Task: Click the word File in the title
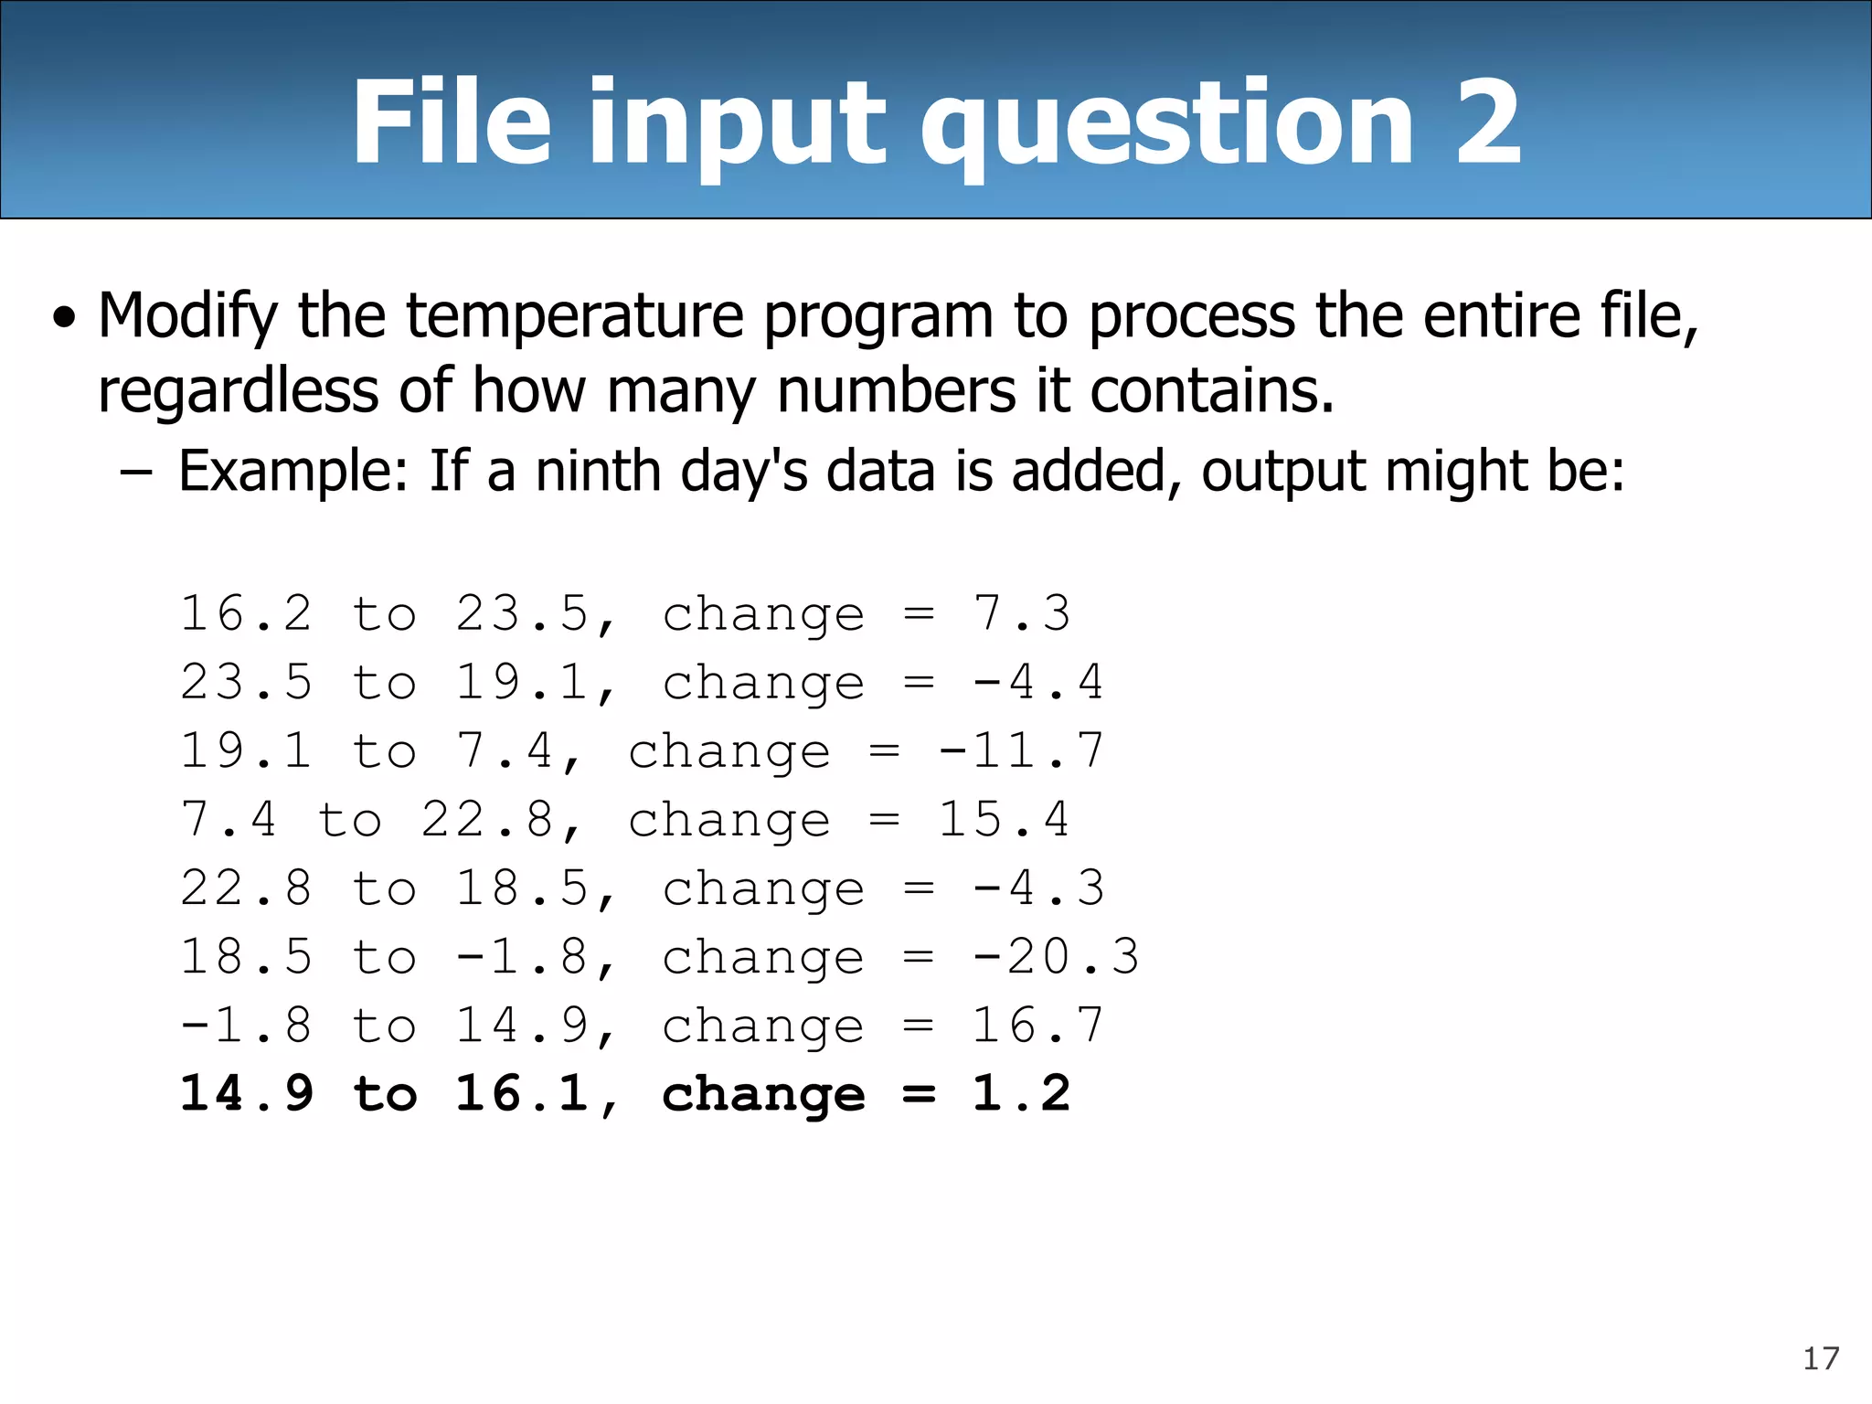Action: click(452, 122)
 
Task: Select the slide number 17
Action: click(1820, 1359)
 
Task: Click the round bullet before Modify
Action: click(64, 319)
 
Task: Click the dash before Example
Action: click(135, 473)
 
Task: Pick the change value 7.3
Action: click(1021, 613)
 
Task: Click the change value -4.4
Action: click(1038, 683)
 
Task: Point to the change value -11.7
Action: click(1021, 751)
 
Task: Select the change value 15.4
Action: click(1004, 820)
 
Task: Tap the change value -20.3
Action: click(1056, 957)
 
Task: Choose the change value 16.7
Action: click(1038, 1026)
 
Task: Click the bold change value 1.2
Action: click(1021, 1094)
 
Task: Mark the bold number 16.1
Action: click(523, 1094)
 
